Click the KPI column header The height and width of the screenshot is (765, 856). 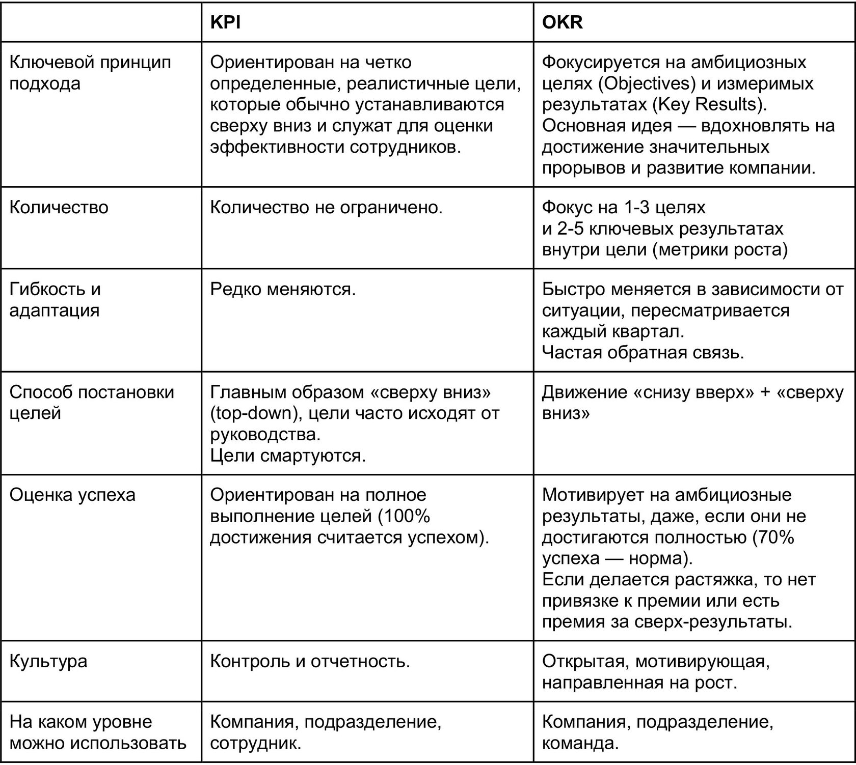[225, 23]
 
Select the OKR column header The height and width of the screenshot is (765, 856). [562, 23]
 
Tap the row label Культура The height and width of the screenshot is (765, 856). [48, 661]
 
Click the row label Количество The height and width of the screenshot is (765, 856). [59, 208]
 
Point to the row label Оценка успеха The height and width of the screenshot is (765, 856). [72, 495]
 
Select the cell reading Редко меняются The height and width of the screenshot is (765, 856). [283, 289]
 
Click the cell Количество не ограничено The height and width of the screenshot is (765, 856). [326, 208]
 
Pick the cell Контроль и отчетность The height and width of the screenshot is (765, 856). [310, 661]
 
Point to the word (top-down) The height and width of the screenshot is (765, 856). [254, 413]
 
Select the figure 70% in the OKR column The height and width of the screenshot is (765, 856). [774, 537]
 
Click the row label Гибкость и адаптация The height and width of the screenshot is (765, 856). [55, 300]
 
